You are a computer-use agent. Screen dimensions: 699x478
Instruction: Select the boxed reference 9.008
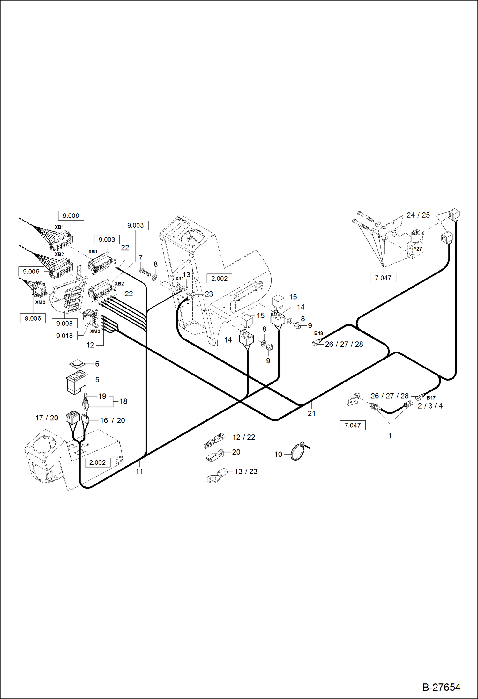click(x=64, y=323)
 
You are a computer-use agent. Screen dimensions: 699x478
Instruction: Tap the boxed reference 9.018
click(x=64, y=336)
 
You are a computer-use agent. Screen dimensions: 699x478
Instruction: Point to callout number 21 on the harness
click(x=311, y=413)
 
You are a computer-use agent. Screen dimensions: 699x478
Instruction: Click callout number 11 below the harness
click(x=139, y=471)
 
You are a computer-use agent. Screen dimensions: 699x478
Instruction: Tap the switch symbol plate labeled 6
click(x=77, y=364)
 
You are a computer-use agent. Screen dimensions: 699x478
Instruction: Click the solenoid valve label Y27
click(x=417, y=249)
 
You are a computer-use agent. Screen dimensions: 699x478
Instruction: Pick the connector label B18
click(x=318, y=333)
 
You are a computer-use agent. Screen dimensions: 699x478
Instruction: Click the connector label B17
click(x=431, y=398)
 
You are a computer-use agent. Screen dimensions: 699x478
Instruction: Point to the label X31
click(x=179, y=278)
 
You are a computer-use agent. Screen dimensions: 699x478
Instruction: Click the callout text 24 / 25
click(x=418, y=215)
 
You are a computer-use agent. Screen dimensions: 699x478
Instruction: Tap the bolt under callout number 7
click(x=145, y=273)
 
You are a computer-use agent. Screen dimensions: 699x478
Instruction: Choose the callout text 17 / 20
click(x=47, y=418)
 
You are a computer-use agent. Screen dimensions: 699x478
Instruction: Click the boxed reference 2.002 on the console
click(x=219, y=278)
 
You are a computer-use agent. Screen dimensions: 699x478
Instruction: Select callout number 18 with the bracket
click(x=123, y=401)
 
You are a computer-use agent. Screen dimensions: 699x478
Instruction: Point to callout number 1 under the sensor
click(x=390, y=436)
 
